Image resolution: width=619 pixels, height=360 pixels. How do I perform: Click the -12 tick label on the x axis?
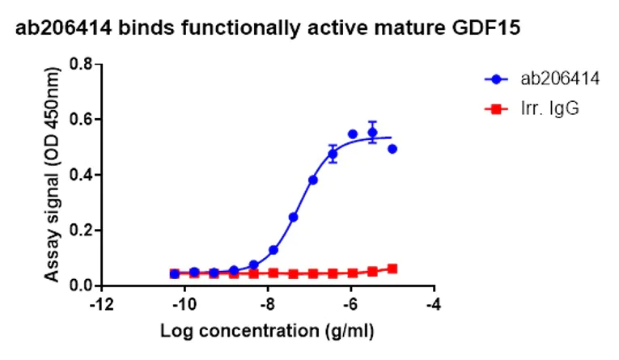100,306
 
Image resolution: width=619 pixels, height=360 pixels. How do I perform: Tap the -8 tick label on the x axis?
268,306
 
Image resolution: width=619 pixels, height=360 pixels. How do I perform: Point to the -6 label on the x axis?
351,306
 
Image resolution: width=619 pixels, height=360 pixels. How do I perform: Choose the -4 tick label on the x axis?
435,306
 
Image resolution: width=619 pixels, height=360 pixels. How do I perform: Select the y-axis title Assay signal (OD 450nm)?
52,174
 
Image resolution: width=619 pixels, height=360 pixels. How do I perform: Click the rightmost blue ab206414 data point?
392,149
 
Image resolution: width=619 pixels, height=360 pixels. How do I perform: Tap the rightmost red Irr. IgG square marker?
392,269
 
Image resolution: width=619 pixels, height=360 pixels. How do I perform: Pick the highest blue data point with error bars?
372,133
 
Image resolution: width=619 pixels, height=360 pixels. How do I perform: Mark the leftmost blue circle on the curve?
175,274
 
